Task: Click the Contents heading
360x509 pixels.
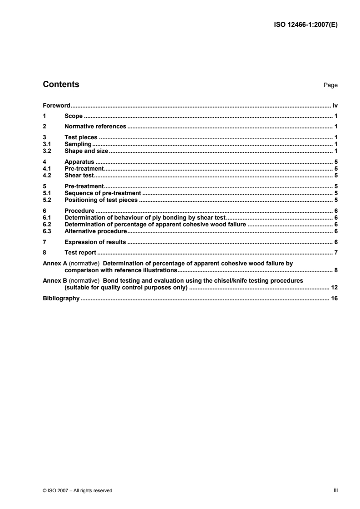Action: point(61,84)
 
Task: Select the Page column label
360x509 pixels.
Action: point(330,85)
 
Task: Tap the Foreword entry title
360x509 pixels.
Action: point(56,105)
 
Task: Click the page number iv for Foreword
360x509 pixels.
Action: point(335,105)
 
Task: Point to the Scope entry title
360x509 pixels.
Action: point(74,116)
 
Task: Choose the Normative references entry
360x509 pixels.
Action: point(95,127)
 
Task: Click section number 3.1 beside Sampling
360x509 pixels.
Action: point(46,144)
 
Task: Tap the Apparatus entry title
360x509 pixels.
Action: point(79,161)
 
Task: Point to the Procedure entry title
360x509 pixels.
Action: point(79,211)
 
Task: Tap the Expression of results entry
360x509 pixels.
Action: point(95,241)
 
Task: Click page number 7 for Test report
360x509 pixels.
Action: point(336,252)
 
